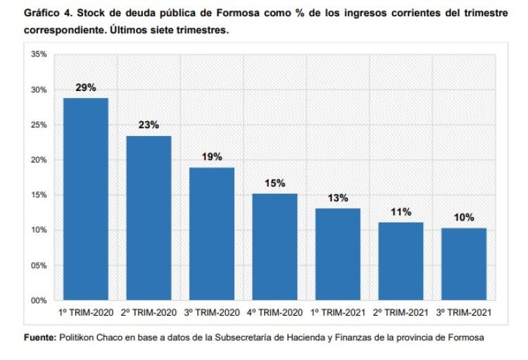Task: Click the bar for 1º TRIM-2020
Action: click(86, 199)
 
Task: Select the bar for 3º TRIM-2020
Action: click(212, 234)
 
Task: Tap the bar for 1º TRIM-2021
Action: click(338, 254)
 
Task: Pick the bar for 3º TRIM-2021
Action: click(464, 264)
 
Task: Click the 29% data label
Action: click(86, 87)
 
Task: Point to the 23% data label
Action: click(149, 125)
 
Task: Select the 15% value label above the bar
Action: click(275, 183)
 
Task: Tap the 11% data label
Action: click(401, 211)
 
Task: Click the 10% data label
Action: click(464, 217)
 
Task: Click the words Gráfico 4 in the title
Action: click(48, 15)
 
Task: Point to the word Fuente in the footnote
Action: click(39, 337)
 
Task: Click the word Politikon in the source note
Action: click(78, 337)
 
